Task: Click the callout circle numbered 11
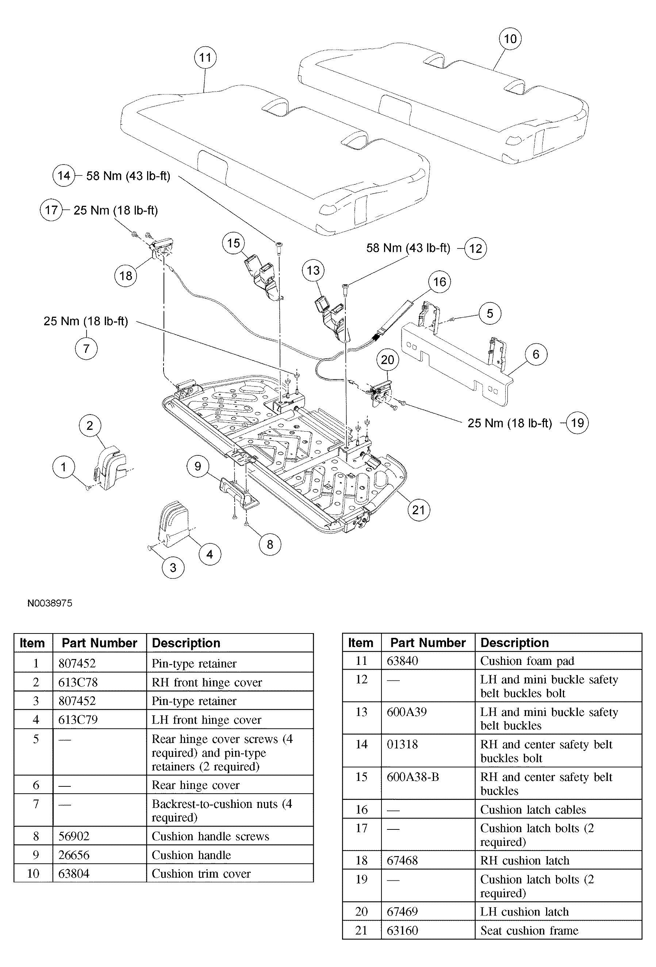pos(205,57)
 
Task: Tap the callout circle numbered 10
pos(510,39)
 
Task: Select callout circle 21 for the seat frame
pos(418,510)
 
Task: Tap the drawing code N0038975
pos(50,603)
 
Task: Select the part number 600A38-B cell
pos(413,777)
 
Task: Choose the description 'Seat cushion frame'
pos(529,931)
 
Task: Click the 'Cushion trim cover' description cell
pos(201,873)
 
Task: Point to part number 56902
pos(74,836)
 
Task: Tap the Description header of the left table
pos(186,643)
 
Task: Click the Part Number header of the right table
pos(427,643)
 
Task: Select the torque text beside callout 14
pos(128,176)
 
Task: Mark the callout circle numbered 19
pos(577,423)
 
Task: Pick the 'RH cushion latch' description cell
pos(525,860)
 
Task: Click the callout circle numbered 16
pos(440,282)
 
